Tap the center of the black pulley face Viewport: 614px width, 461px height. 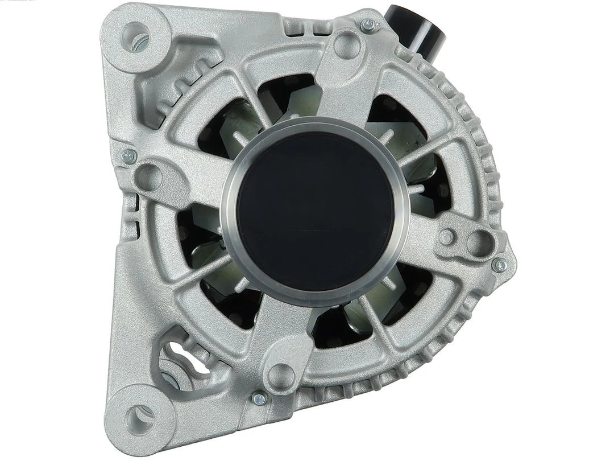coord(314,211)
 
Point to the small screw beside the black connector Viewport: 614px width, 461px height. coord(369,24)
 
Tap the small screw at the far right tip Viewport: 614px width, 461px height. coord(499,264)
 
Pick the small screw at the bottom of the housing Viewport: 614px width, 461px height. coord(259,399)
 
